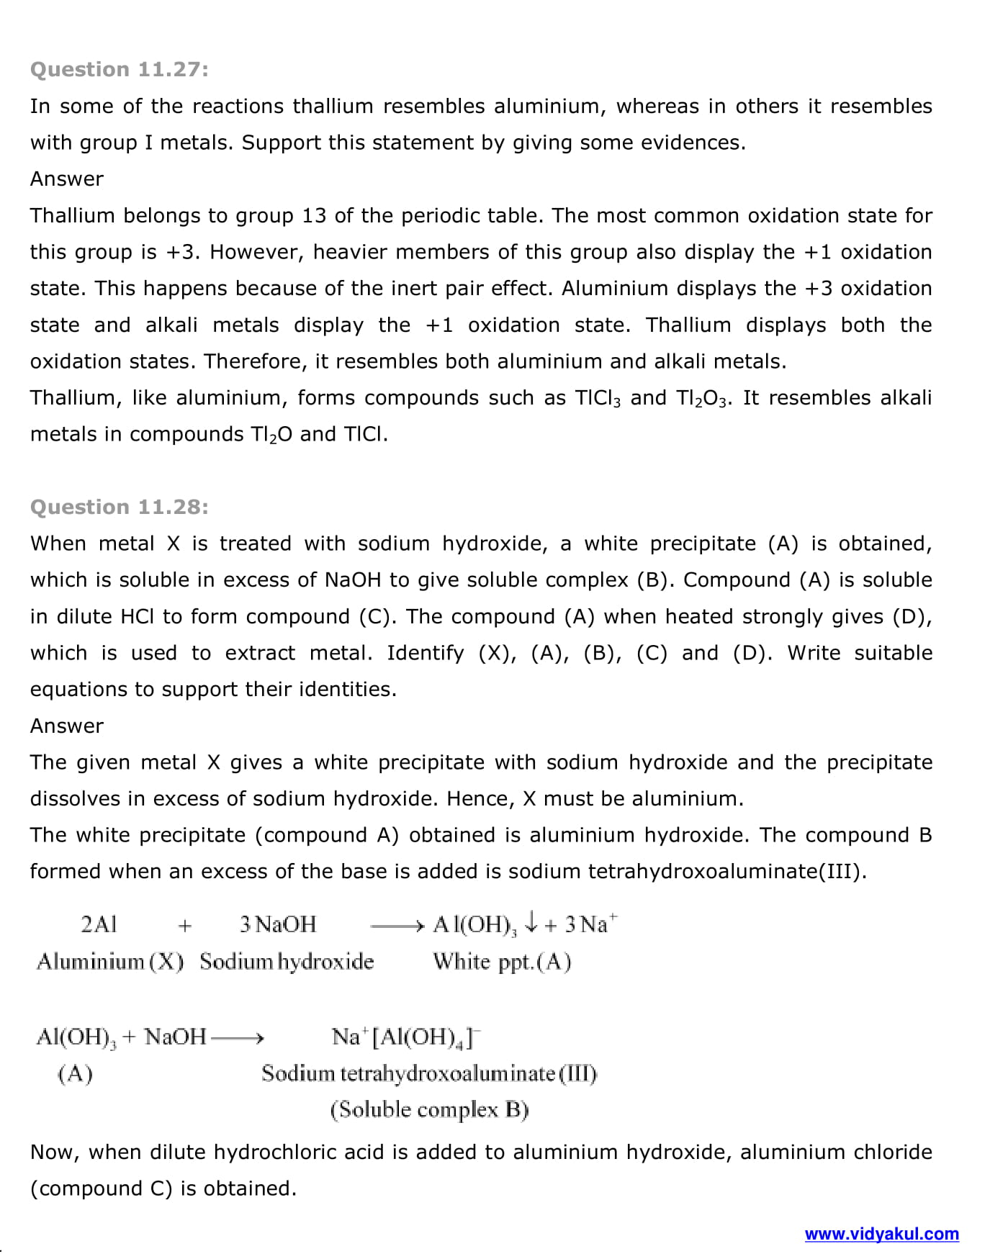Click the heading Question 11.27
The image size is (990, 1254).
pos(119,69)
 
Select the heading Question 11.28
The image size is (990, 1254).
pos(119,507)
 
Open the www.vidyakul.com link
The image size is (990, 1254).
pos(881,1234)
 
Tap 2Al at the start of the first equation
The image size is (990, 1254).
pos(98,924)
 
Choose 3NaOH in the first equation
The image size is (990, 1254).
pos(278,924)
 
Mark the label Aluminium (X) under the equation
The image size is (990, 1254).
pos(110,962)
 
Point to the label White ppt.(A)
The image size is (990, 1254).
pos(502,962)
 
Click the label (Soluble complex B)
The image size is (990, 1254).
pos(429,1110)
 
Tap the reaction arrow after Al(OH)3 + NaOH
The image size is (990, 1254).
pos(238,1038)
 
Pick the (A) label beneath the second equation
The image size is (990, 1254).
pos(75,1074)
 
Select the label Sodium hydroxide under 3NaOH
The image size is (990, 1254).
pos(287,962)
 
